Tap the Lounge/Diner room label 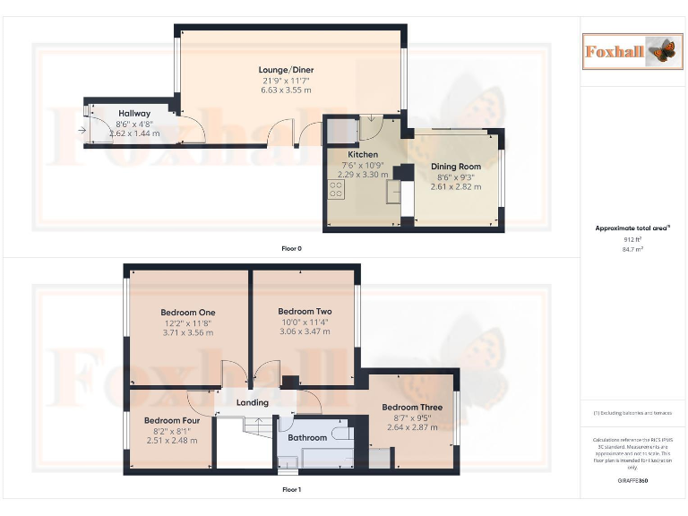click(x=286, y=70)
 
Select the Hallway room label click(x=134, y=114)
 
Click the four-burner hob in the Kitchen click(x=338, y=190)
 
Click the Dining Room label click(x=457, y=167)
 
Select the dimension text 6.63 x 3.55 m click(x=286, y=90)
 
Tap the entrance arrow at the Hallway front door click(x=82, y=132)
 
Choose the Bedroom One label click(x=188, y=313)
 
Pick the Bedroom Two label click(x=305, y=312)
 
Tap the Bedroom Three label click(x=412, y=408)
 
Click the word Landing click(x=252, y=403)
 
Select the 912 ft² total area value click(x=633, y=239)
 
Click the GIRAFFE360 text click(x=633, y=481)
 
